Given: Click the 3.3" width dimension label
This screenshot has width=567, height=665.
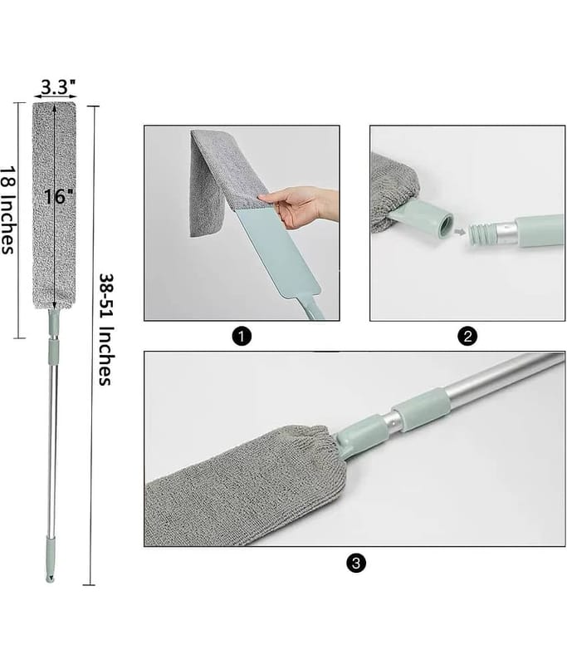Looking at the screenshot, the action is tap(58, 87).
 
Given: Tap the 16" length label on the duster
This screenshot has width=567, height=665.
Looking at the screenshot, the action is tap(58, 196).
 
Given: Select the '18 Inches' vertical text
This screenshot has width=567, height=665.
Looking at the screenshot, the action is tap(7, 209).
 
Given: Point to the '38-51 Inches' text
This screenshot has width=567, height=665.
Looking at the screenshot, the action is tap(106, 329).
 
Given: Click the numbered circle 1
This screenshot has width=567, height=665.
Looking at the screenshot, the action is tap(242, 337).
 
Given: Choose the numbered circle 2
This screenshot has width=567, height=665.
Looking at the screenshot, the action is tap(467, 337).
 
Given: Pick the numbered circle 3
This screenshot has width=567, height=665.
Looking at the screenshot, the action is tap(355, 563).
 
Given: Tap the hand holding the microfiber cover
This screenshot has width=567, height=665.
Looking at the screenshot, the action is tap(299, 206).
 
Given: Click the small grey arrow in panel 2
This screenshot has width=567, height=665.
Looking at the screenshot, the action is tap(459, 232).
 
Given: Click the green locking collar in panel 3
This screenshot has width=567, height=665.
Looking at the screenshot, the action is tap(419, 410).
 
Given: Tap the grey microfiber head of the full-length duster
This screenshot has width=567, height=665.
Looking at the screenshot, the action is tap(55, 204).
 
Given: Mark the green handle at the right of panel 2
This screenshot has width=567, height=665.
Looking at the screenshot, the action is tap(540, 230).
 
